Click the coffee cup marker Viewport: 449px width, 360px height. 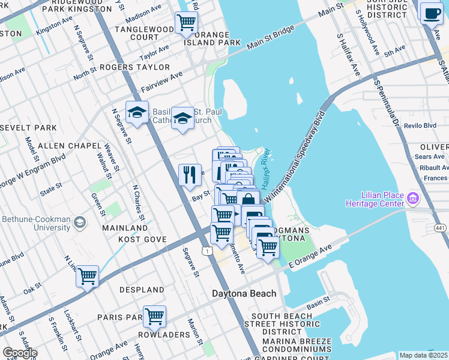click(x=431, y=13)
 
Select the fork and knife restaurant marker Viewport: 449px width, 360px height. click(x=190, y=175)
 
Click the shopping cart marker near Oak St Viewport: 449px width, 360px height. click(x=88, y=277)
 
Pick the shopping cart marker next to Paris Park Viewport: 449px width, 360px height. click(x=154, y=316)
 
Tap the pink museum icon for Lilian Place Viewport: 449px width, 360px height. click(x=412, y=197)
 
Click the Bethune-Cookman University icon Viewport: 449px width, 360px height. click(x=79, y=223)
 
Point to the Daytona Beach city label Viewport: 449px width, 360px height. click(x=244, y=293)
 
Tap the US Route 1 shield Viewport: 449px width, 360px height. click(x=206, y=251)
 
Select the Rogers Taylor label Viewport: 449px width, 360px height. click(x=135, y=67)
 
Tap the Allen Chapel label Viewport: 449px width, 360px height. click(x=64, y=146)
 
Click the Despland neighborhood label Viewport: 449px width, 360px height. click(x=142, y=290)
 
